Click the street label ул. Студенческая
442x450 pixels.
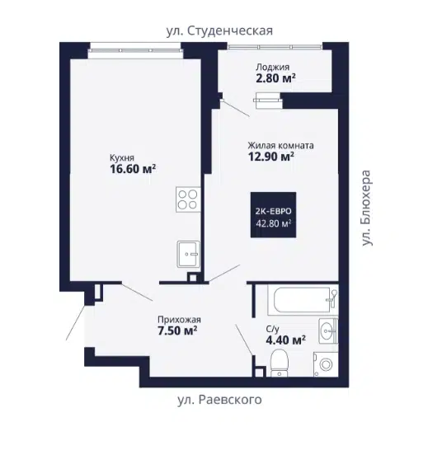(219, 30)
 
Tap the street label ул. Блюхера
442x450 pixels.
(366, 208)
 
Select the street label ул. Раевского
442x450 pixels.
(219, 400)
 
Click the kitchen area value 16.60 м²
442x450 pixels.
(133, 169)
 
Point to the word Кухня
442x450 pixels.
(122, 157)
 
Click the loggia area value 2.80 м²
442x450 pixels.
(275, 77)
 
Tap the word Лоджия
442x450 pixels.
(273, 67)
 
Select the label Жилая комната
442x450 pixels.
(280, 145)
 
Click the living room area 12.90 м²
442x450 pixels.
(271, 157)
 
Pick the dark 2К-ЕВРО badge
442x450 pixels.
(273, 215)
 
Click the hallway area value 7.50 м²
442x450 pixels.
(177, 330)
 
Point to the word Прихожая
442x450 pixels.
(179, 320)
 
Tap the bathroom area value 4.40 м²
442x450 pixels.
(285, 340)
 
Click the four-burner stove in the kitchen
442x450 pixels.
(188, 199)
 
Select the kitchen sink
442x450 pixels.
(188, 254)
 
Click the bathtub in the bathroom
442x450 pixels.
(303, 300)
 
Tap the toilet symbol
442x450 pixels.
(280, 363)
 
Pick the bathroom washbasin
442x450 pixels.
(328, 330)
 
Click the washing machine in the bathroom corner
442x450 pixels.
(326, 364)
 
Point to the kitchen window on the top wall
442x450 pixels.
(135, 50)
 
